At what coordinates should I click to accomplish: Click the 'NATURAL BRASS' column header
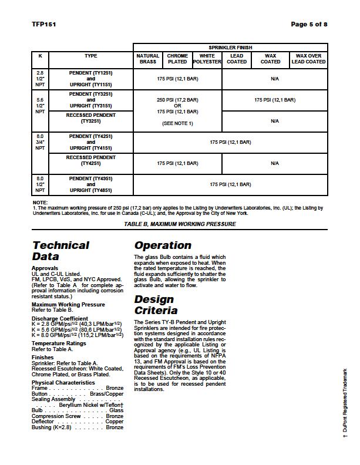pyautogui.click(x=148, y=59)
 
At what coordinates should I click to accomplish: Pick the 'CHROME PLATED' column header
pyautogui.click(x=177, y=59)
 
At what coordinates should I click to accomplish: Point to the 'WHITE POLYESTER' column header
pyautogui.click(x=207, y=59)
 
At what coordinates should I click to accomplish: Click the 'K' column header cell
pyautogui.click(x=40, y=56)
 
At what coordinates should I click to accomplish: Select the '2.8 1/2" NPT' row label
pyautogui.click(x=40, y=79)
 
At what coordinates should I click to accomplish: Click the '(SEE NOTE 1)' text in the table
pyautogui.click(x=177, y=124)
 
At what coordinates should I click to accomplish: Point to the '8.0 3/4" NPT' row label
pyautogui.click(x=40, y=142)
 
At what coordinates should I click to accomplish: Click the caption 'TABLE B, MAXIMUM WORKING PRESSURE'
pyautogui.click(x=180, y=224)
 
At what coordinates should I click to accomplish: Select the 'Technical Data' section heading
pyautogui.click(x=61, y=251)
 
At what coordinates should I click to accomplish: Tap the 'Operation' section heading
pyautogui.click(x=163, y=245)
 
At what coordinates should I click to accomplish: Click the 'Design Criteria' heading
pyautogui.click(x=157, y=305)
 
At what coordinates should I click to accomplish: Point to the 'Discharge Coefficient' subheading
pyautogui.click(x=60, y=319)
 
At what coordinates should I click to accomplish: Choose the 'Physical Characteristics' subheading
pyautogui.click(x=63, y=383)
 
